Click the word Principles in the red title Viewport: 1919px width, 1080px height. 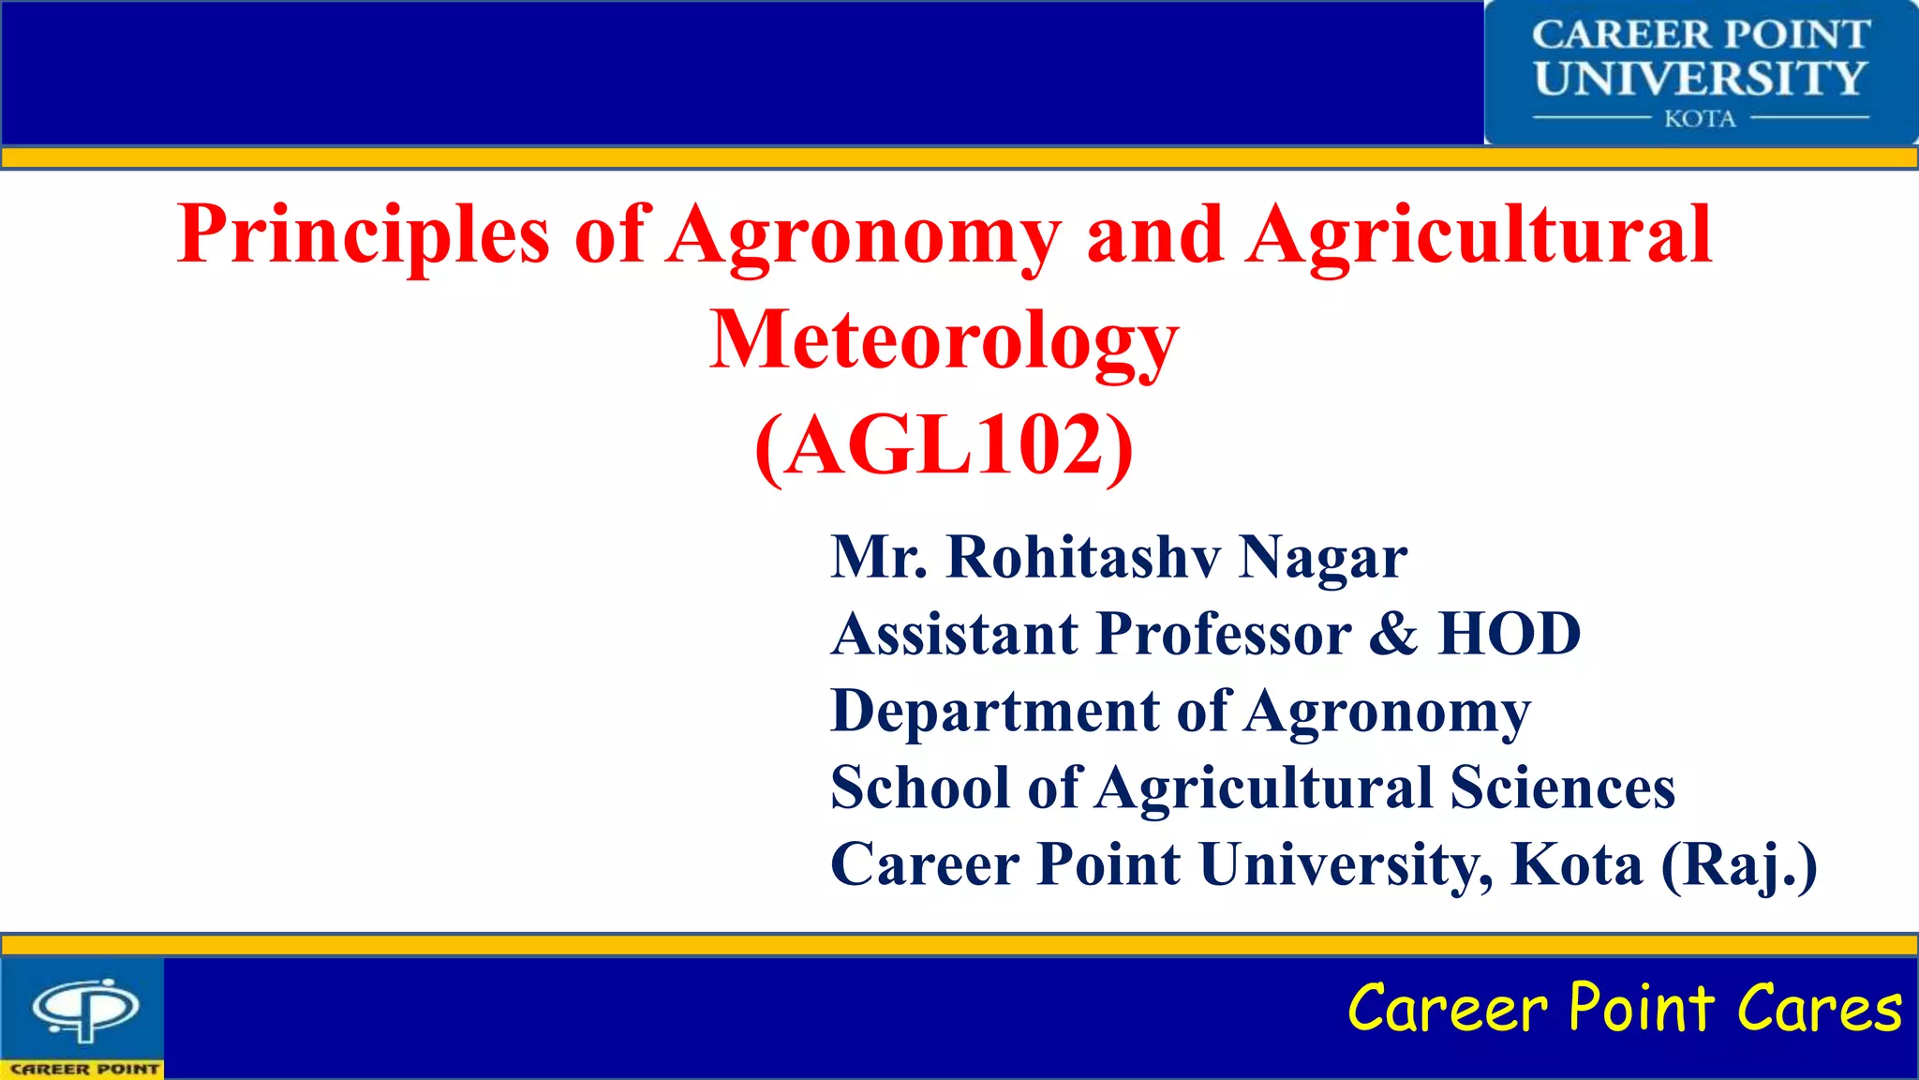coord(364,234)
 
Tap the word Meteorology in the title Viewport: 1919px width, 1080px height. coord(944,340)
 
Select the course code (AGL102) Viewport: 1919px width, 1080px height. coord(944,446)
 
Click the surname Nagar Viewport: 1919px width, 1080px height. coord(1322,557)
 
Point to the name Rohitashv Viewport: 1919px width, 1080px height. coord(1083,557)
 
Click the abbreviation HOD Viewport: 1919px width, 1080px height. coord(1510,634)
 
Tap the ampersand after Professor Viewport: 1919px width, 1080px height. coord(1393,634)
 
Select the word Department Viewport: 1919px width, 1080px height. coord(995,711)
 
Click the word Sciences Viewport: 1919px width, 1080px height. coord(1562,787)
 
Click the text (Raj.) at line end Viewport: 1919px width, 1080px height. coord(1739,864)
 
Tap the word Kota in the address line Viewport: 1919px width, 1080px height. coord(1577,864)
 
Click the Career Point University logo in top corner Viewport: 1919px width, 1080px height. coord(1700,73)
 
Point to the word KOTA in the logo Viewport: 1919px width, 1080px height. coord(1700,119)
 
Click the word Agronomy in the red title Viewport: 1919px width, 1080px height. coord(865,234)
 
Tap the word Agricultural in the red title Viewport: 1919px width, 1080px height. coord(1480,234)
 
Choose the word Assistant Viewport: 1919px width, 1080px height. coord(955,634)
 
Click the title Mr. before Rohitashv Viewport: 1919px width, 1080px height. coord(878,557)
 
